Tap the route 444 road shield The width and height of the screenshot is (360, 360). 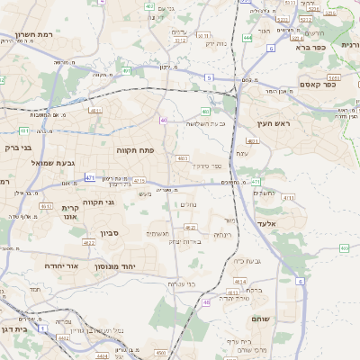pyautogui.click(x=247, y=39)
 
